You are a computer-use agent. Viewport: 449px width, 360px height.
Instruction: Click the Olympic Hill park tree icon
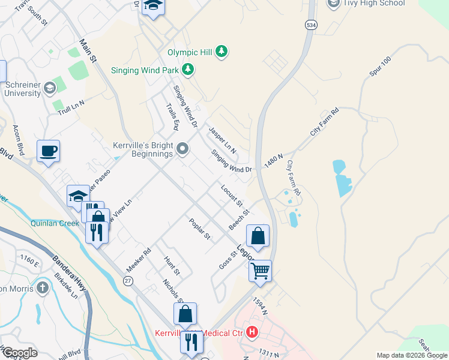222,52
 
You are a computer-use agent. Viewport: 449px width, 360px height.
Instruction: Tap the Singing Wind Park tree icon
188,70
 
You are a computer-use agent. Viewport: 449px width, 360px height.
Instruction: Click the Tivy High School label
373,3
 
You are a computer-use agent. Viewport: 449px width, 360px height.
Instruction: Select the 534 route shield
310,25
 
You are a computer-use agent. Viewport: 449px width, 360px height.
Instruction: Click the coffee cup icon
48,151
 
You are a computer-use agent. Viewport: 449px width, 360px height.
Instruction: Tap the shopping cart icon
261,271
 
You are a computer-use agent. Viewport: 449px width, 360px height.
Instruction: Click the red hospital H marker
253,331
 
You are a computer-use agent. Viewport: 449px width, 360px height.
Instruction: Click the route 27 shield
128,280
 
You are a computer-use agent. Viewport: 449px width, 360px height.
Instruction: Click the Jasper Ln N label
222,139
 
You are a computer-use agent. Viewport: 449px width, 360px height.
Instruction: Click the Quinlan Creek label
55,223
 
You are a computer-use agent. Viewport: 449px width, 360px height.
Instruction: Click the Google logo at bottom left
19,353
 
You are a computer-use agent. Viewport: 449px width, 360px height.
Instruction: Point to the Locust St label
232,196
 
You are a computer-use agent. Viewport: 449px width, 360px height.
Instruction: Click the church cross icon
42,288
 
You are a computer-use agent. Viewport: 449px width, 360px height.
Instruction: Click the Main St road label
88,52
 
